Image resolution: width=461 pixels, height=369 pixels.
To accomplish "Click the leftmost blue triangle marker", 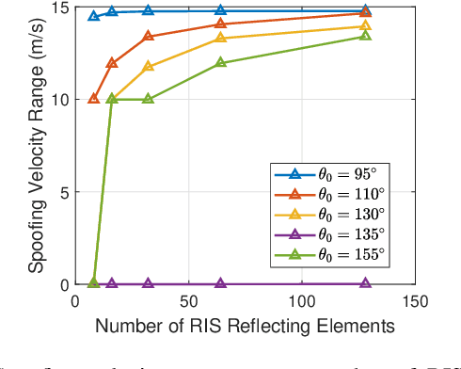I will [x=93, y=16].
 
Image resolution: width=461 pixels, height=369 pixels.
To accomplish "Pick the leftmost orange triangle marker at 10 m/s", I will [x=93, y=99].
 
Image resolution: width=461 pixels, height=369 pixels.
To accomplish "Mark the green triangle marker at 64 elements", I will [x=221, y=63].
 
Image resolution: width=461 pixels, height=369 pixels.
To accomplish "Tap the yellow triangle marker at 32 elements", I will [x=148, y=67].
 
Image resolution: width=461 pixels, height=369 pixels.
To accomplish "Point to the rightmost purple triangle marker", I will [x=366, y=283].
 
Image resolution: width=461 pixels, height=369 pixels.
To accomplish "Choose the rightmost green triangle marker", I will [x=366, y=36].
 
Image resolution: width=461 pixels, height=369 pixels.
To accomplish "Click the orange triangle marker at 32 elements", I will [x=148, y=37].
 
